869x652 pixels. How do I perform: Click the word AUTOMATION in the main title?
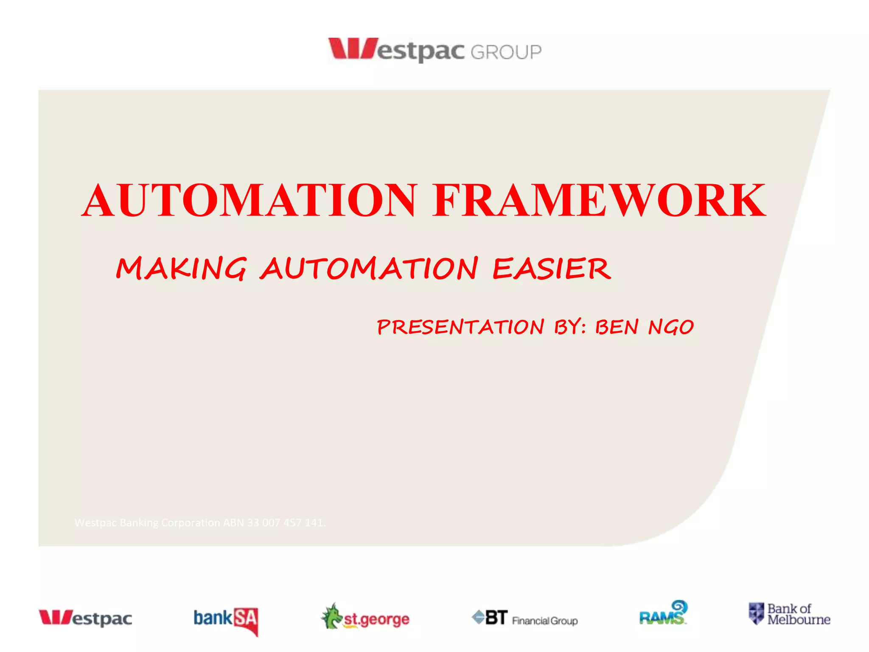click(249, 200)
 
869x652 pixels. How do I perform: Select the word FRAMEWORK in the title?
click(599, 200)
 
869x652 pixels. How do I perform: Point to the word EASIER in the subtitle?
click(552, 269)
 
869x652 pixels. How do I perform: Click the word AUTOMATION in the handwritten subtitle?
click(369, 269)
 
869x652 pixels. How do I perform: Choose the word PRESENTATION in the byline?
click(460, 327)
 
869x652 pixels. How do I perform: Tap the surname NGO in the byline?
click(671, 327)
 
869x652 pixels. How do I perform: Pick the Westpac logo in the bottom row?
click(85, 618)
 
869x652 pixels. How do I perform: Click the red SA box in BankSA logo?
click(246, 620)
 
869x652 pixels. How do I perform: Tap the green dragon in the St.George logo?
click(331, 616)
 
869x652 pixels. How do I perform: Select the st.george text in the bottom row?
click(377, 620)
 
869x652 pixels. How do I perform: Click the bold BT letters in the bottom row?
click(496, 617)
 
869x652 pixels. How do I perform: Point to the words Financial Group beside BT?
click(545, 621)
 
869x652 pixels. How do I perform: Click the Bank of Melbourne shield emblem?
click(756, 613)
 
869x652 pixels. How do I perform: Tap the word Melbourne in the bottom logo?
click(799, 620)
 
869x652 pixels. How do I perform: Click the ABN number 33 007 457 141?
click(286, 523)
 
